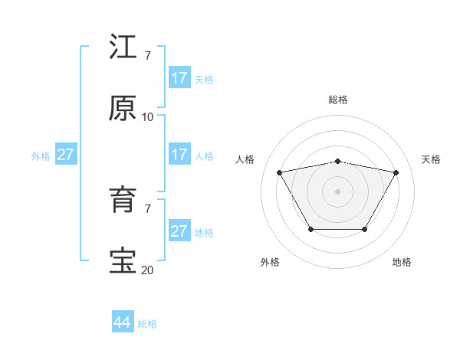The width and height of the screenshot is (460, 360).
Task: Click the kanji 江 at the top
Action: tap(123, 47)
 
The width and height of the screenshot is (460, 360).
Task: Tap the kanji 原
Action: tap(123, 109)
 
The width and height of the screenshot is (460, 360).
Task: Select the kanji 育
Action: tap(123, 201)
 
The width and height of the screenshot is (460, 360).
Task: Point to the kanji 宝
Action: tap(123, 261)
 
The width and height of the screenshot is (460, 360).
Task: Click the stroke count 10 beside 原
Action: tap(147, 116)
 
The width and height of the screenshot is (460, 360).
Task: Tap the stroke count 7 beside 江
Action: tap(147, 55)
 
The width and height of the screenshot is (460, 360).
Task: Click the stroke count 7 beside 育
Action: tap(147, 208)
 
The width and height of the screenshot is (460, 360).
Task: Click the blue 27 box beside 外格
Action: tap(65, 155)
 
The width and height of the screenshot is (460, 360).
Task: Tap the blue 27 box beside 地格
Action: tap(179, 231)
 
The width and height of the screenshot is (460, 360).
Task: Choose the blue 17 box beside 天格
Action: tap(179, 78)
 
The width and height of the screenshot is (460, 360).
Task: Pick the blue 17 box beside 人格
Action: tap(179, 155)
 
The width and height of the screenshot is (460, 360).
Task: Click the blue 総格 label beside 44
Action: tap(147, 324)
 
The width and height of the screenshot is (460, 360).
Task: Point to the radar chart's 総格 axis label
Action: tap(338, 100)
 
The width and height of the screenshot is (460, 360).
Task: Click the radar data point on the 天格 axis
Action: tap(396, 172)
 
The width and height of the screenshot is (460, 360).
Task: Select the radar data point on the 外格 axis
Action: tap(310, 229)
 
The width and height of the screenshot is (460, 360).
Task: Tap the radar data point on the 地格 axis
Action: tap(365, 229)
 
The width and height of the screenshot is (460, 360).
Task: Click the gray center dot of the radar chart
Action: tap(338, 191)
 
